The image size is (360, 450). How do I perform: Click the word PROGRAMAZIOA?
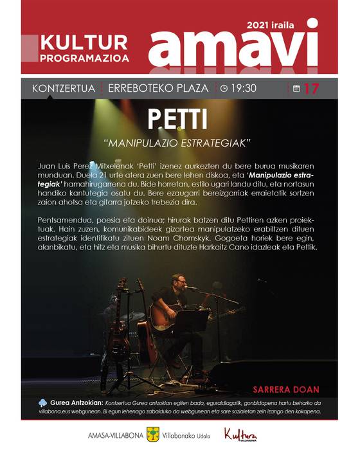(x=84, y=58)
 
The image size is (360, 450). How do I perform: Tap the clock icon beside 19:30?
(x=224, y=88)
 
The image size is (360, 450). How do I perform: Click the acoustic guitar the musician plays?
(x=166, y=314)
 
